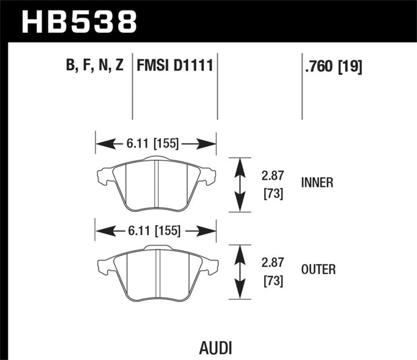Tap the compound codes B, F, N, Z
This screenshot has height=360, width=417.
pos(95,66)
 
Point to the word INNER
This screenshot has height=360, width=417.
pos(317,183)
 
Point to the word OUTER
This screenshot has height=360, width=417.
pos(319,269)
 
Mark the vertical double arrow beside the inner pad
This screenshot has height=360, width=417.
pos(239,185)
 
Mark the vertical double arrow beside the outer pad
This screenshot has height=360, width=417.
pos(239,271)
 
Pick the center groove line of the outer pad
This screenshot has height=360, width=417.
pos(157,272)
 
